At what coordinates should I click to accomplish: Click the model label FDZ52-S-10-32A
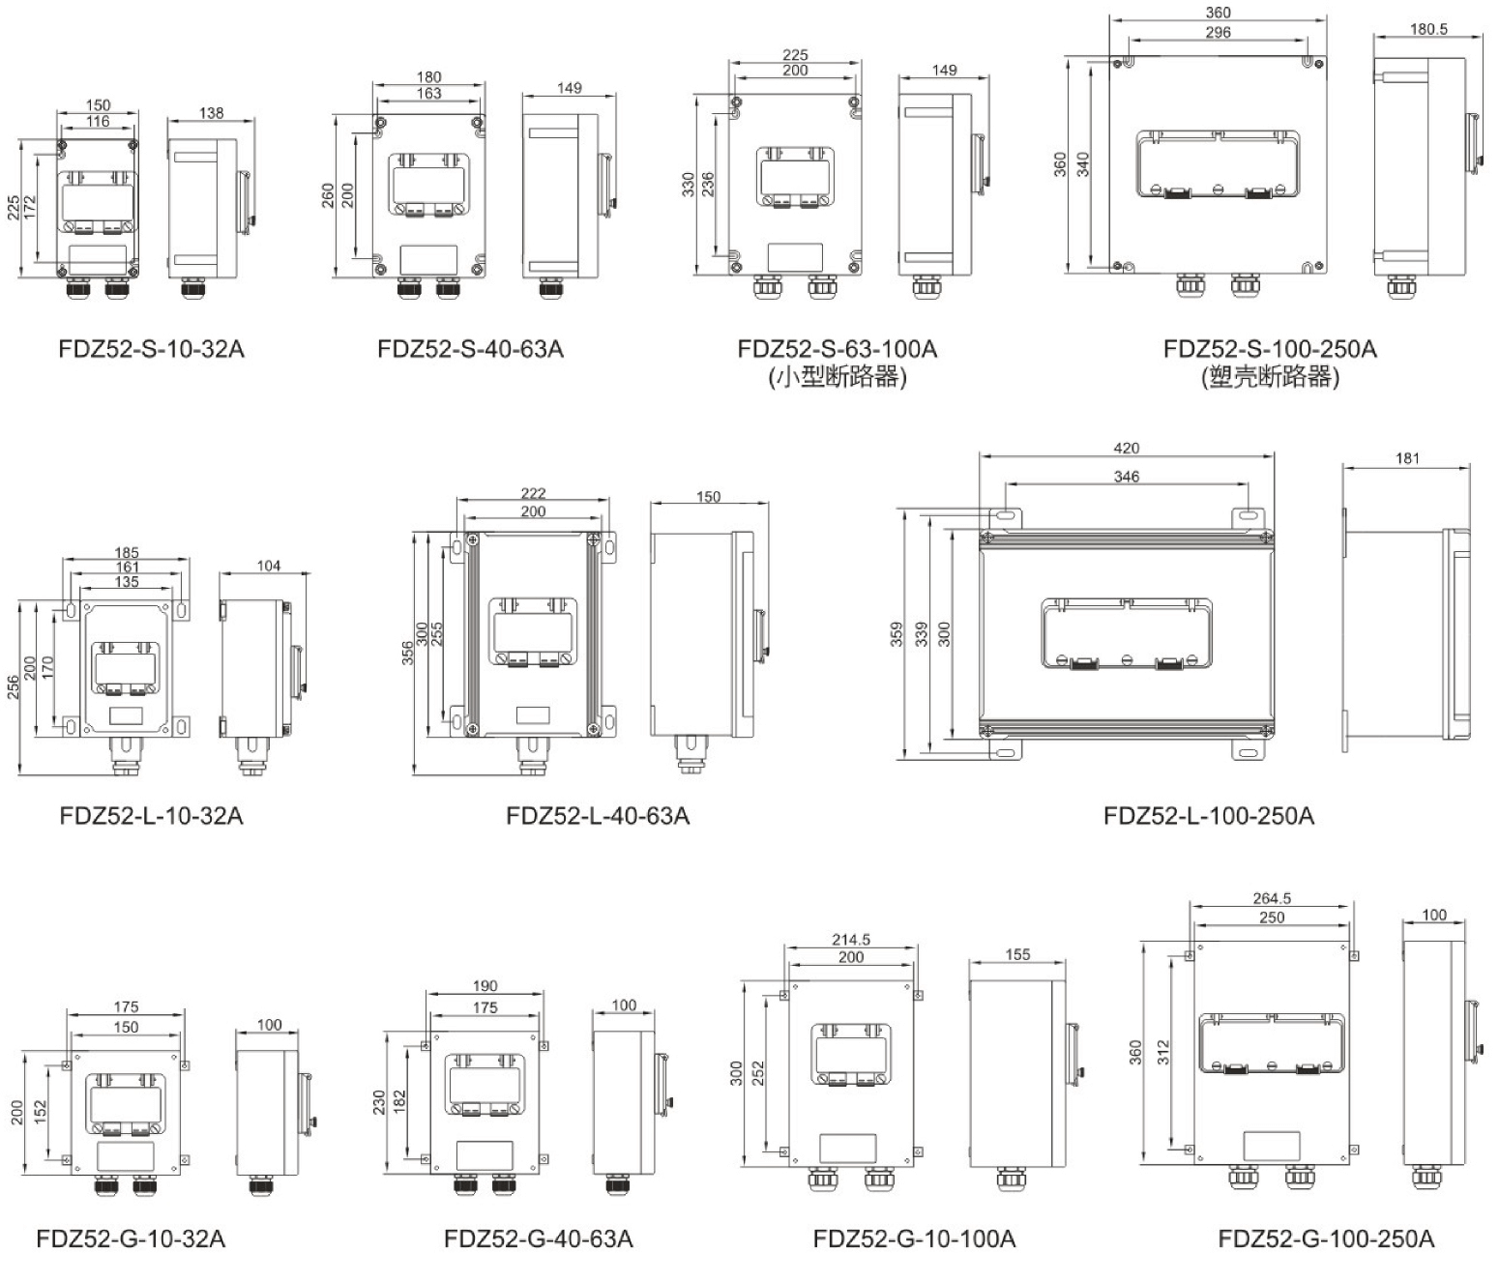pos(152,349)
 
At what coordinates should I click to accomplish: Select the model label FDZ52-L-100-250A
pos(1208,816)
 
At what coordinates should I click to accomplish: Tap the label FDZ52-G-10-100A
pos(914,1238)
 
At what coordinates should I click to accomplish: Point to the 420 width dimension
pos(1126,449)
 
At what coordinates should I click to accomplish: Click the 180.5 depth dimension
pos(1427,29)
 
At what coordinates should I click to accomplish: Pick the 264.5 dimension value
pos(1271,898)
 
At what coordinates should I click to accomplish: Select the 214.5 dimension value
pos(850,939)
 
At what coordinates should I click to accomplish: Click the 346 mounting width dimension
pos(1126,477)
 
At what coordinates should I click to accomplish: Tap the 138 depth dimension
pos(211,113)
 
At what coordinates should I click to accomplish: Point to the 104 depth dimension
pos(268,566)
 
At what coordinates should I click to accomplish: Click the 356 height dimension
pos(408,653)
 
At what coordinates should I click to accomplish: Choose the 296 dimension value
pos(1218,32)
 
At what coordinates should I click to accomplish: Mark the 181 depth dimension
pos(1407,458)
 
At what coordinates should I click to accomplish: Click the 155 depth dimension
pos(1017,954)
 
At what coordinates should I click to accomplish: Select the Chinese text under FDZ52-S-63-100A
pos(838,377)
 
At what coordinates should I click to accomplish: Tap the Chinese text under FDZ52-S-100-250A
pos(1270,377)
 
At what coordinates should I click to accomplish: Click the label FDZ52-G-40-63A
pos(539,1238)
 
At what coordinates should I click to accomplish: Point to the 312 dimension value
pos(1162,1052)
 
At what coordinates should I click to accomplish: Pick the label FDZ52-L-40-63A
pos(598,816)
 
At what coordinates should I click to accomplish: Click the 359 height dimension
pos(897,634)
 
